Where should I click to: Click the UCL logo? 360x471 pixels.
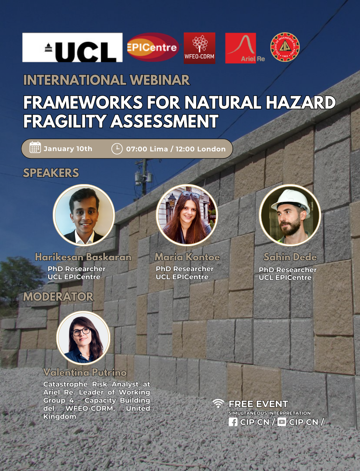pyautogui.click(x=72, y=47)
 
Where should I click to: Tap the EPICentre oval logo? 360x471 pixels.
pyautogui.click(x=153, y=47)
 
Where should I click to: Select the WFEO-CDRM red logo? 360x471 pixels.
pyautogui.click(x=199, y=48)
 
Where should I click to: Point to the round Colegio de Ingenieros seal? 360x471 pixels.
pyautogui.click(x=285, y=47)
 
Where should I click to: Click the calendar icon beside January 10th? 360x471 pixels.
pyautogui.click(x=35, y=147)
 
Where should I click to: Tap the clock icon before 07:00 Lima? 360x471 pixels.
pyautogui.click(x=117, y=149)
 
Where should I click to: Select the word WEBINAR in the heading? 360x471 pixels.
pyautogui.click(x=159, y=80)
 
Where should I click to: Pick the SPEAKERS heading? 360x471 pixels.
pyautogui.click(x=51, y=173)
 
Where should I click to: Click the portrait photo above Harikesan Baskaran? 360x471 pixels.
pyautogui.click(x=84, y=215)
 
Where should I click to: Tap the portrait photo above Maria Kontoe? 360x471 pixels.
pyautogui.click(x=187, y=215)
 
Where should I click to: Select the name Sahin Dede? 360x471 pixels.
pyautogui.click(x=290, y=257)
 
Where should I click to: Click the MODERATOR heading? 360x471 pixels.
pyautogui.click(x=58, y=297)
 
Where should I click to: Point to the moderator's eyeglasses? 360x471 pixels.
pyautogui.click(x=81, y=332)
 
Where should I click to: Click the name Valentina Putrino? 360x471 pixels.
pyautogui.click(x=85, y=372)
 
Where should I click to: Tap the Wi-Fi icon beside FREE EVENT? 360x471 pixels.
pyautogui.click(x=218, y=404)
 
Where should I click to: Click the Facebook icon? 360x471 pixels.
pyautogui.click(x=233, y=422)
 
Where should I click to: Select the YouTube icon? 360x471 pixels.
pyautogui.click(x=282, y=422)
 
